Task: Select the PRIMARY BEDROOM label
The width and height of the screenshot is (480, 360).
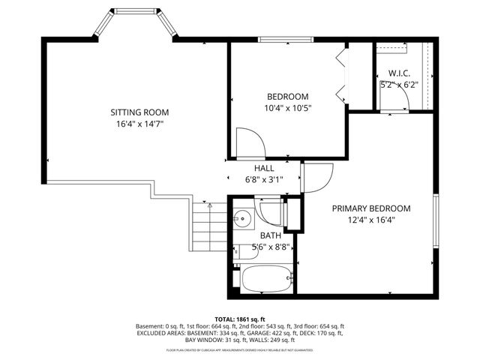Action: click(x=371, y=208)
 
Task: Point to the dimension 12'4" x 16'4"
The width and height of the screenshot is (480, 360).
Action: click(x=371, y=220)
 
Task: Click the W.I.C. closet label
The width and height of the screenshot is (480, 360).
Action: click(x=397, y=73)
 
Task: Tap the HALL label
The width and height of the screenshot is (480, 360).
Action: click(x=263, y=169)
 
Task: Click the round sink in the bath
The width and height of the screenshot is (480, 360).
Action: click(x=242, y=219)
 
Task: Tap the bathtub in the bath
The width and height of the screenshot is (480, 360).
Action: click(x=265, y=282)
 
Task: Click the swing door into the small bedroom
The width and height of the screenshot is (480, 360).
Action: click(x=248, y=142)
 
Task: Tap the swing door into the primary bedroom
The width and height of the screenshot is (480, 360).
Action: click(x=316, y=178)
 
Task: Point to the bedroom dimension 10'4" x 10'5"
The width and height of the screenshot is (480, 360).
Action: click(x=288, y=108)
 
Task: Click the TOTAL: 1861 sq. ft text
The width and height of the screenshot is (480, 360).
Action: click(x=239, y=318)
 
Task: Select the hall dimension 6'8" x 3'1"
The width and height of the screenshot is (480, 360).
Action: click(x=263, y=180)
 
